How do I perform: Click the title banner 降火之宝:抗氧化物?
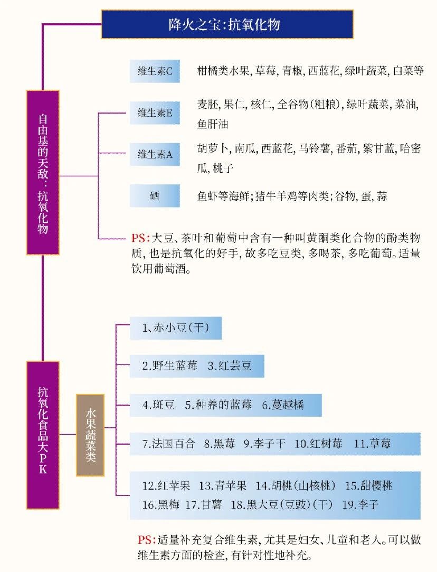227,24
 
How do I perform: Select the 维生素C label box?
155,71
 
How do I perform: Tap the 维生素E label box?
155,113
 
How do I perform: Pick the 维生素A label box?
155,155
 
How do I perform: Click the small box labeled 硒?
155,196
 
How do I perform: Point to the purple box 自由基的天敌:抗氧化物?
43,172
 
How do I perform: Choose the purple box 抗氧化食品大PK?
43,435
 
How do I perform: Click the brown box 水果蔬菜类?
90,435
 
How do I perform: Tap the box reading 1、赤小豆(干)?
176,328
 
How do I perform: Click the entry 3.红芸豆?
230,365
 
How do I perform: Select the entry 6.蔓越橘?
283,405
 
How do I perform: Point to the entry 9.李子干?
264,444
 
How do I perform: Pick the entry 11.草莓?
373,444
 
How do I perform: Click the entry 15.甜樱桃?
369,485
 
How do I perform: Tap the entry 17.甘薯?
203,504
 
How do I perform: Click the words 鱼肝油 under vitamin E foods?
213,124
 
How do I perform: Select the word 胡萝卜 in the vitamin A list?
213,148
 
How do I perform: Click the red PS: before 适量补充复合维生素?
147,540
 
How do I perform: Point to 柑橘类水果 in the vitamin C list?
223,70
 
